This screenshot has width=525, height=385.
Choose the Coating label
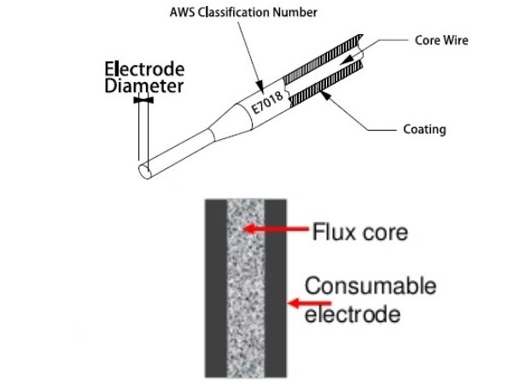tap(424, 130)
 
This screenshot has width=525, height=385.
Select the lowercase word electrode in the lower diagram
tap(352, 313)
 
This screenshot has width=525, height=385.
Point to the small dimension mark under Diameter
tap(143, 100)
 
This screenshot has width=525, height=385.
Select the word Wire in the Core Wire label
tap(457, 40)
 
